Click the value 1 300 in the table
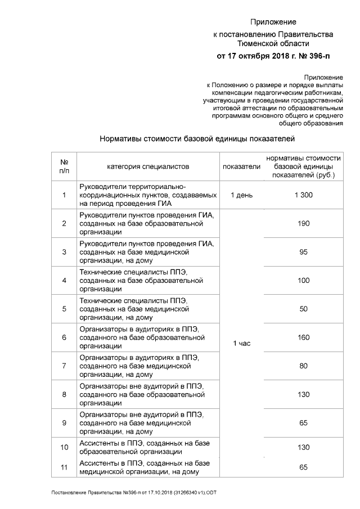(303, 195)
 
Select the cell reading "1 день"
(241, 195)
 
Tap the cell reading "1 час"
(241, 343)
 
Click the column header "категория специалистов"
(148, 166)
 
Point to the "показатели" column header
(241, 166)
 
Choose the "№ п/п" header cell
(64, 166)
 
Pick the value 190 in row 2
(303, 223)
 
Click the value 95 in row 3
(303, 252)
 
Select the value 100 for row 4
(303, 280)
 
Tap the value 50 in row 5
(303, 309)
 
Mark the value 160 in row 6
(303, 337)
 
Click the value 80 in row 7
(303, 366)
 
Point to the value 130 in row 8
(303, 394)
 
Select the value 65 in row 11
(303, 467)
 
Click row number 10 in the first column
(64, 448)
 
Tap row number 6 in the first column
(64, 337)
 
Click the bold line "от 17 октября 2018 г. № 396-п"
(273, 56)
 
